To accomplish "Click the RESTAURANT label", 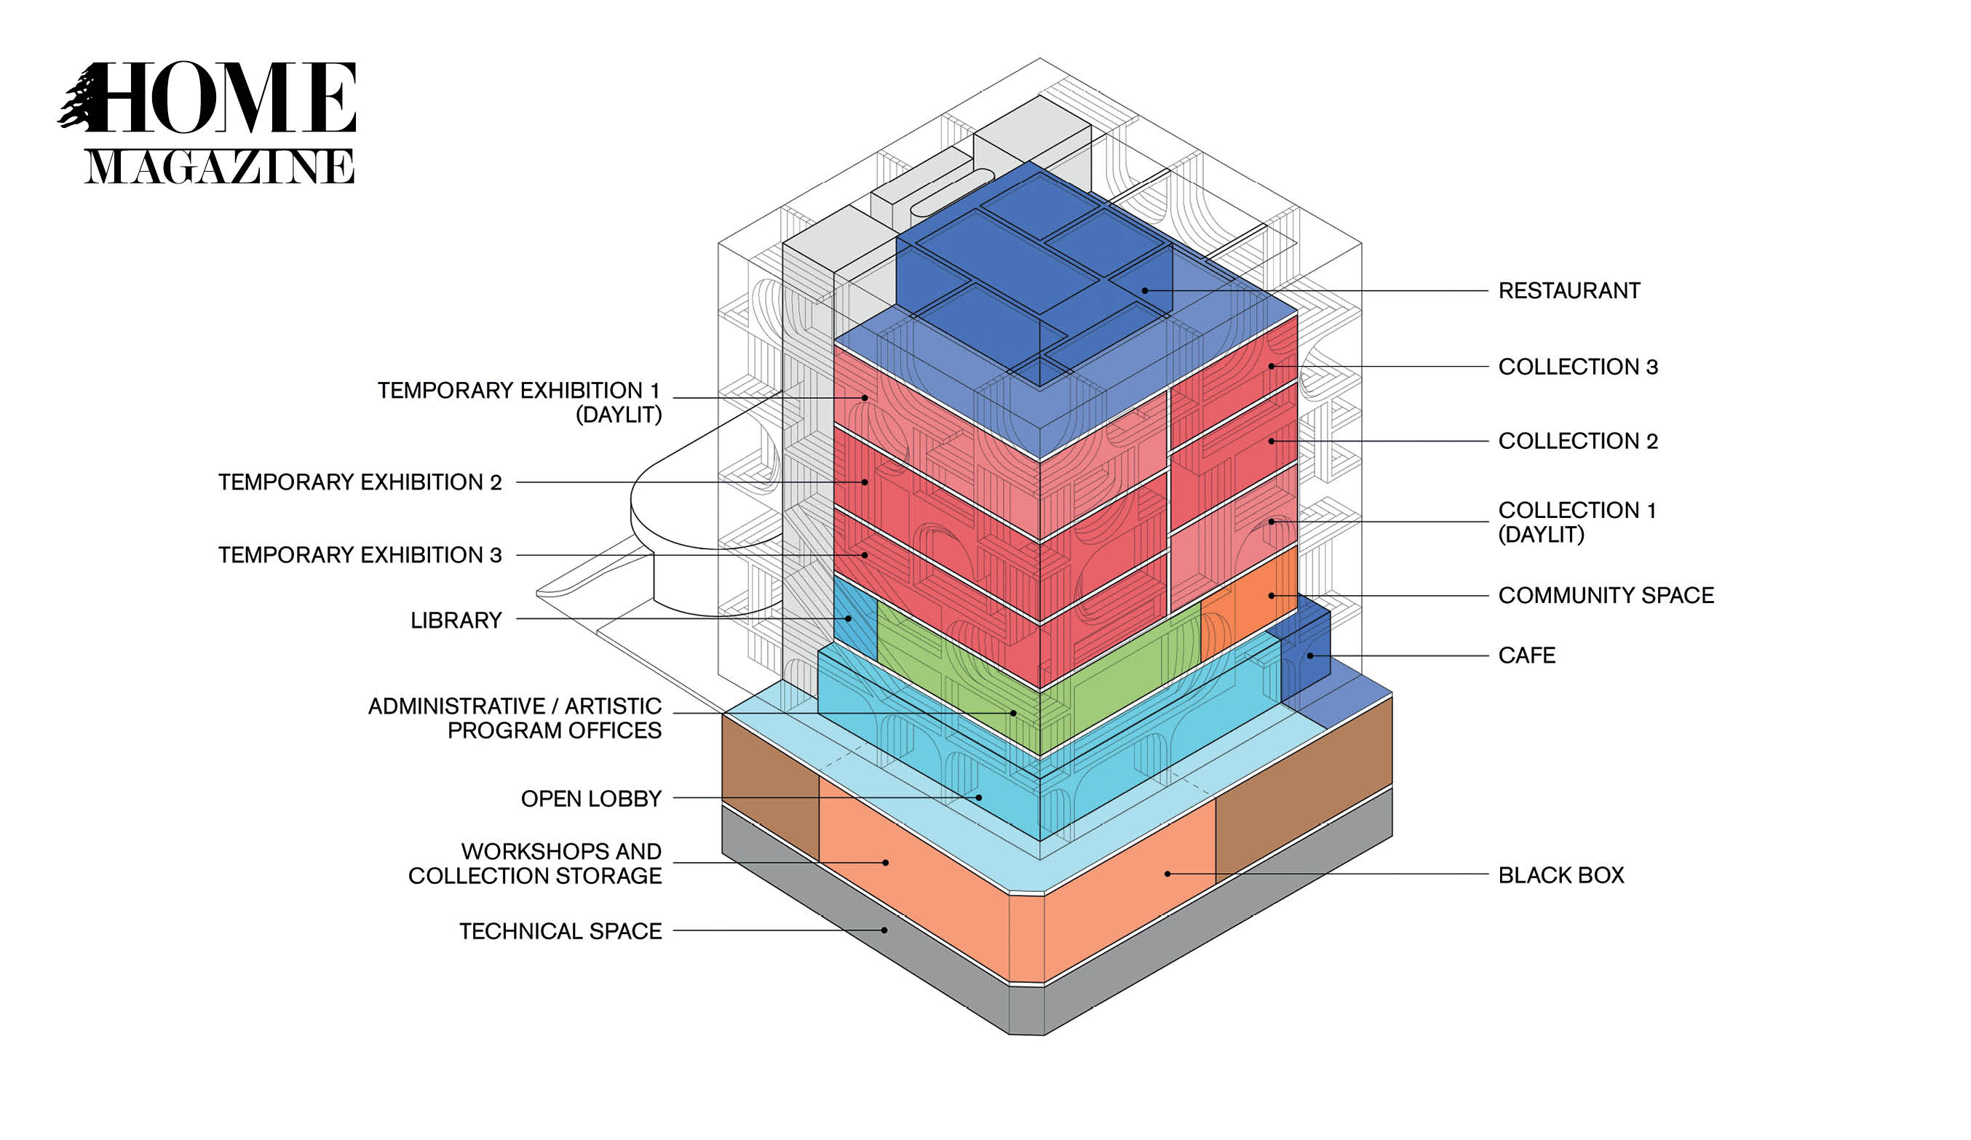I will [1569, 291].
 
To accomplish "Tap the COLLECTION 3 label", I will [1577, 367].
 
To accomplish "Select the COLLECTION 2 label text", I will [1577, 441].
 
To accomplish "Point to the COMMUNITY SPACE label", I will [1605, 595].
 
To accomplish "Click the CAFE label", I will [1526, 655].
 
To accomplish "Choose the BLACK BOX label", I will [1560, 875].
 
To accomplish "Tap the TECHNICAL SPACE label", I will [560, 931].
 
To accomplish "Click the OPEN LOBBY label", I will [591, 798].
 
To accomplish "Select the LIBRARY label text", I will [456, 620].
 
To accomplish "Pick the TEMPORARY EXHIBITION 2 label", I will [360, 482].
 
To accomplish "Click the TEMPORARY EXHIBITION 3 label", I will [360, 554].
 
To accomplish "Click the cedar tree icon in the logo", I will [80, 99].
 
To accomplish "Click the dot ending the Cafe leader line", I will [1309, 655].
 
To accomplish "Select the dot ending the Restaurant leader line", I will [1144, 290].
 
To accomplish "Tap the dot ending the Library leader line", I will [848, 618].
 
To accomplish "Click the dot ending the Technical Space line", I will [884, 930].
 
